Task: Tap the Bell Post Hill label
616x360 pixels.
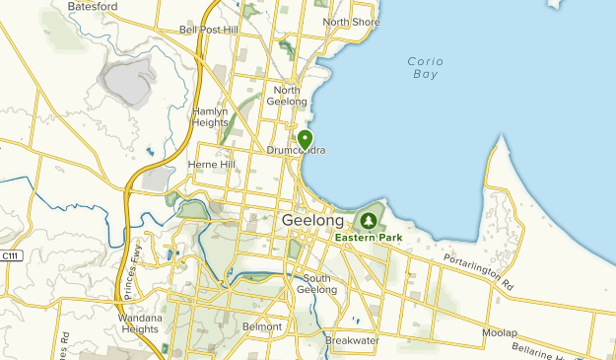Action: click(209, 30)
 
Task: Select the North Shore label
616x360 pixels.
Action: click(351, 22)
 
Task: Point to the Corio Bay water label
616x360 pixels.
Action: click(426, 67)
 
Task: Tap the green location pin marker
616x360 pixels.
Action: click(306, 140)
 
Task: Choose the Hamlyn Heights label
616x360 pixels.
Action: click(210, 117)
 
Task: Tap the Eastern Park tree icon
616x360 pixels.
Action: click(369, 220)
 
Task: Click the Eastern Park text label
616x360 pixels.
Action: click(370, 238)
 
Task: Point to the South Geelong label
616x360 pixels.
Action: click(319, 283)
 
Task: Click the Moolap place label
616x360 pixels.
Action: click(499, 332)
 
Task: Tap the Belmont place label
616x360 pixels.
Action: click(261, 325)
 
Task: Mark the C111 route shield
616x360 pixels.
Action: click(10, 255)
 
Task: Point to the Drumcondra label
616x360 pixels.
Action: click(296, 151)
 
